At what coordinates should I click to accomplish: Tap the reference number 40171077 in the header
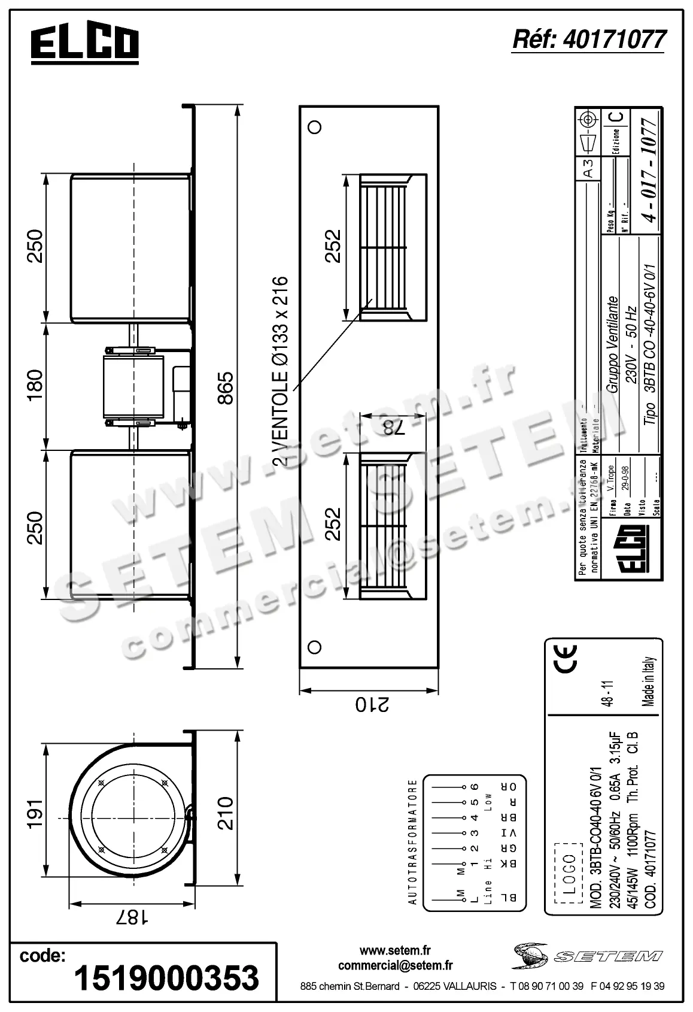point(589,40)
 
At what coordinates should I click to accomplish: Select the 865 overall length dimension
point(226,388)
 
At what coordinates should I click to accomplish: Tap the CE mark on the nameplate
point(564,657)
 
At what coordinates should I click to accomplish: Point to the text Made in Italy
point(649,682)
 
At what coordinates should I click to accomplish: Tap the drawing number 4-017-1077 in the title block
point(649,169)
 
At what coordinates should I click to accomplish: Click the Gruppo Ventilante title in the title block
point(612,344)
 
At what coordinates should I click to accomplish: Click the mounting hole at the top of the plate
point(314,126)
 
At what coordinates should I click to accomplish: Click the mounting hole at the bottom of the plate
point(314,646)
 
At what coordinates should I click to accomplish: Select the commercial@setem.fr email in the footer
point(395,965)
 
